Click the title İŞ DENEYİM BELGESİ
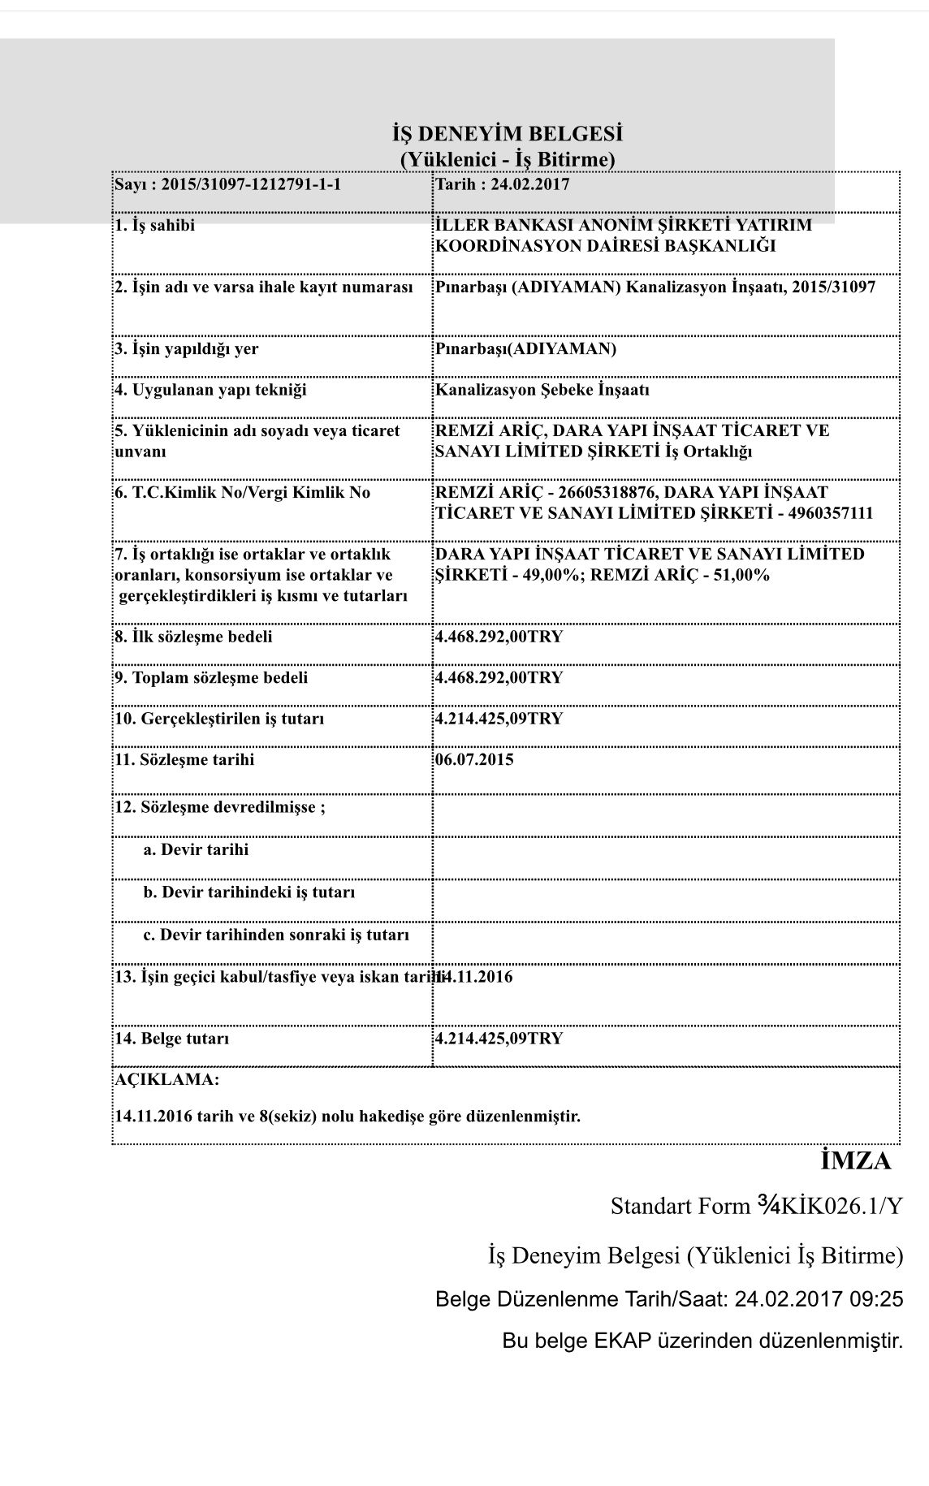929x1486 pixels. [x=508, y=134]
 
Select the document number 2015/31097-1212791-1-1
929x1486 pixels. [x=251, y=184]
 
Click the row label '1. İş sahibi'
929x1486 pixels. [x=154, y=226]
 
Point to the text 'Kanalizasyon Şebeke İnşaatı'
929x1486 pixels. [x=542, y=390]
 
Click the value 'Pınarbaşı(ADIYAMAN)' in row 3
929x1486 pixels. [x=525, y=349]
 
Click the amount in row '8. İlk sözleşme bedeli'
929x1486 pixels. [x=499, y=637]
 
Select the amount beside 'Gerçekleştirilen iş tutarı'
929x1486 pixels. [x=499, y=719]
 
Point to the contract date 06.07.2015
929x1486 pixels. [x=474, y=760]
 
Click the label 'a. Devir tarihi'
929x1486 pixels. [x=196, y=850]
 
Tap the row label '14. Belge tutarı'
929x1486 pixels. [x=171, y=1039]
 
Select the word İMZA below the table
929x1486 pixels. [x=856, y=1161]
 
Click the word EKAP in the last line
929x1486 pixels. [x=624, y=1340]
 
